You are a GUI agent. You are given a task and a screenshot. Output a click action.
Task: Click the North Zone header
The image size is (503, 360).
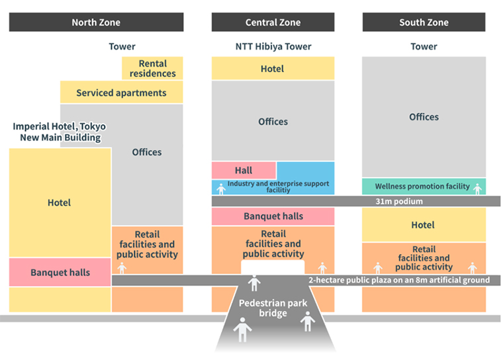pos(96,22)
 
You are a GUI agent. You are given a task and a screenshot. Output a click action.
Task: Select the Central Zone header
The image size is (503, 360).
pos(273,22)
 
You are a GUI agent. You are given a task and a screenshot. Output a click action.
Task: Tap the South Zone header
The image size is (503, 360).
pos(424,22)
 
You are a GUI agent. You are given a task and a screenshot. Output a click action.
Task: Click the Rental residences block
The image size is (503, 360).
pos(152,68)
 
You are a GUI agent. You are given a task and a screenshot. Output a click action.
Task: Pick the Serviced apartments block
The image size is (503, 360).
pos(121,93)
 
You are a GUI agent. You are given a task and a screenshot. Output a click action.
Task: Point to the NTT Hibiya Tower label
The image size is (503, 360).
pos(273,47)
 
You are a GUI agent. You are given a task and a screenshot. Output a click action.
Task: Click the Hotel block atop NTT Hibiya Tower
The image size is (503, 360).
pos(273,69)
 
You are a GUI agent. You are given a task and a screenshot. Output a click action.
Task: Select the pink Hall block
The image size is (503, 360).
pos(243,170)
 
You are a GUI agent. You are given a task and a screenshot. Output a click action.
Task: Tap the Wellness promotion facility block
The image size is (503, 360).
pos(422,187)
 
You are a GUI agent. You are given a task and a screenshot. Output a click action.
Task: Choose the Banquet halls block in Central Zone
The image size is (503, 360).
pos(273,216)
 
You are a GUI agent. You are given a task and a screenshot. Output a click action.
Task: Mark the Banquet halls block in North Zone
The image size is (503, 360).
pos(60,272)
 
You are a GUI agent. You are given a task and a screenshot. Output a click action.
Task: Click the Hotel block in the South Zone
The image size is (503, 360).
pos(424,225)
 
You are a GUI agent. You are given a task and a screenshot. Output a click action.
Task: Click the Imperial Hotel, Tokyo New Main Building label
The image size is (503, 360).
pos(60,132)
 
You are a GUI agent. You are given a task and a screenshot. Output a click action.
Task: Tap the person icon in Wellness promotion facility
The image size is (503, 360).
pos(477,188)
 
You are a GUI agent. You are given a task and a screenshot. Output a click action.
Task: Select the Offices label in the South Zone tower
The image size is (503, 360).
pos(424,117)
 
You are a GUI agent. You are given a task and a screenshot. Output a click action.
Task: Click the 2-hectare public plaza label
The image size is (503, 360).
pos(399,280)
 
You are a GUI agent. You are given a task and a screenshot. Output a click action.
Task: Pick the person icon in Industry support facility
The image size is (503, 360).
pos(221,189)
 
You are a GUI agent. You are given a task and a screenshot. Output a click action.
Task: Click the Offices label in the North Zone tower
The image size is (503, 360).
pos(147,152)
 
